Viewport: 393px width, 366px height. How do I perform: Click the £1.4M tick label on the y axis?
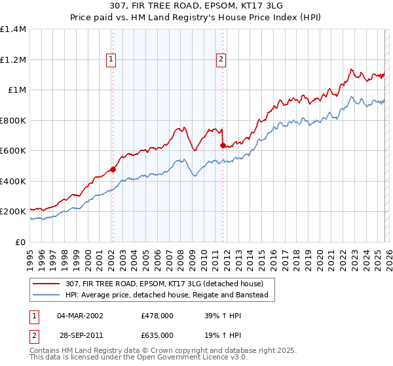(13, 29)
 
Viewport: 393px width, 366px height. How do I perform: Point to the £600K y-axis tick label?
(13, 151)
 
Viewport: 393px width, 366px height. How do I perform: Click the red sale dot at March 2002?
(113, 169)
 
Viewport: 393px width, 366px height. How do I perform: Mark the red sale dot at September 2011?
(223, 145)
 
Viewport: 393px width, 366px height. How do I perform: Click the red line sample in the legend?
(47, 284)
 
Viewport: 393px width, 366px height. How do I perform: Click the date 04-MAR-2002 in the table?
(80, 316)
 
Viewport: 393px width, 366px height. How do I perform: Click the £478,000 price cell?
(157, 316)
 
